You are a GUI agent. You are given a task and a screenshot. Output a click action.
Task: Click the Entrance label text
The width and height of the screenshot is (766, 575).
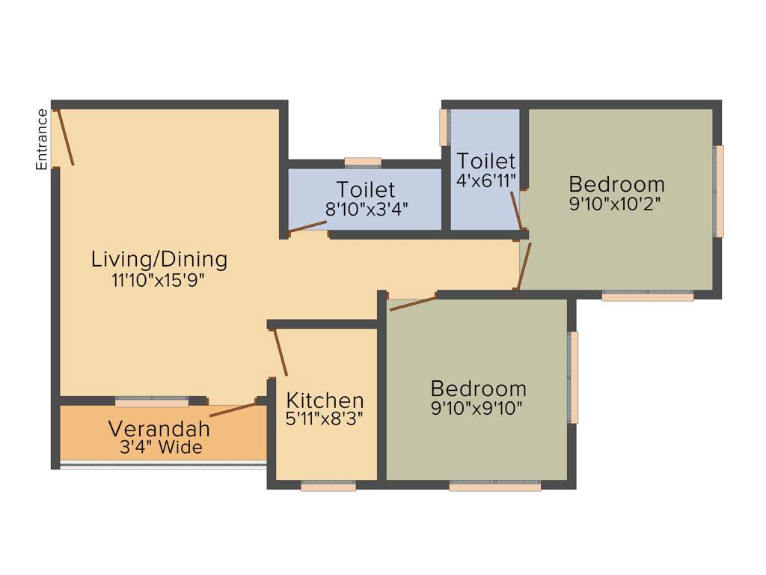(x=43, y=139)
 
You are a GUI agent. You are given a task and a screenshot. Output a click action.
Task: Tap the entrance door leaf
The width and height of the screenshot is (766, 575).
(x=65, y=136)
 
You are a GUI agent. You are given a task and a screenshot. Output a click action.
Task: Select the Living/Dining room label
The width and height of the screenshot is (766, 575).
(x=159, y=260)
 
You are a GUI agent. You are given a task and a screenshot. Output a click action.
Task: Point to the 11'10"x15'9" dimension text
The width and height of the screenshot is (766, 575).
(x=158, y=281)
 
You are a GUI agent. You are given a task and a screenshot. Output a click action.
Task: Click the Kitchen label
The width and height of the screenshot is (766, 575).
(x=325, y=400)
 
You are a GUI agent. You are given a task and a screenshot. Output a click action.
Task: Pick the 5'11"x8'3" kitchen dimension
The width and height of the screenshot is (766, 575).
(x=325, y=419)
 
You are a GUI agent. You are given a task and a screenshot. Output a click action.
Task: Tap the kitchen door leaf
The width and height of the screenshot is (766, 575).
(x=280, y=351)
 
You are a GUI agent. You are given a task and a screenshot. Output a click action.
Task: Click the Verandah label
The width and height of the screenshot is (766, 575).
(x=159, y=429)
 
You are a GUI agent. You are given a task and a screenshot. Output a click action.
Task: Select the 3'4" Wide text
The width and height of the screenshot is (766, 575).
(x=161, y=448)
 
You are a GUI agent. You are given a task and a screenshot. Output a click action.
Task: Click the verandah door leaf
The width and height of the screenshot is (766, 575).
(x=233, y=410)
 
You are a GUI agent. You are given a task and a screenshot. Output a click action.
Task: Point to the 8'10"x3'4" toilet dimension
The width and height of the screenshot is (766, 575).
(x=366, y=209)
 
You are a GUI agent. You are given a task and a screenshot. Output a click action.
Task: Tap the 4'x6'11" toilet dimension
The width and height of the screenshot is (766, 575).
(x=486, y=180)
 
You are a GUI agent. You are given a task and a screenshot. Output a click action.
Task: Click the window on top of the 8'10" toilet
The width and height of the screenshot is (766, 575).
(x=363, y=162)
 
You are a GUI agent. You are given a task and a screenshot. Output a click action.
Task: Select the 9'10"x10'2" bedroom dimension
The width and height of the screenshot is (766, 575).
(x=616, y=204)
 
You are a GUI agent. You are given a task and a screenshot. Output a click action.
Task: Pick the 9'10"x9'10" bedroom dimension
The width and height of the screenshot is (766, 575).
(x=478, y=408)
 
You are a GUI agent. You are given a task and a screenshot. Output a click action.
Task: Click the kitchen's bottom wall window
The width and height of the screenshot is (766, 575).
(x=328, y=486)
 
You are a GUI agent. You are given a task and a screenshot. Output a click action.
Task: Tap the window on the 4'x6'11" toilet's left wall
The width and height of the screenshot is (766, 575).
(x=444, y=127)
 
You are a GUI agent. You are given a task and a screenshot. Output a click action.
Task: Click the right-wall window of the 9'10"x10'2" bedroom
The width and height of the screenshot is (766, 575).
(x=719, y=191)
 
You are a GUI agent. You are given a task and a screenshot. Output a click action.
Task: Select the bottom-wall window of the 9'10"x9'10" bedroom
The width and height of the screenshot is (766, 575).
(x=494, y=486)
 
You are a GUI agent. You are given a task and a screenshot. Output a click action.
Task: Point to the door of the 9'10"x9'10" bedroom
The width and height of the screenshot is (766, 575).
(x=412, y=303)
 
